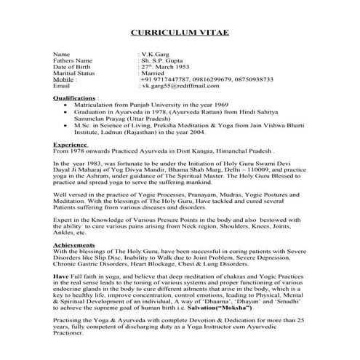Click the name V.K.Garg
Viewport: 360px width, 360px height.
click(155, 55)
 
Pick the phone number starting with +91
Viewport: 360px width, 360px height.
click(164, 79)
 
